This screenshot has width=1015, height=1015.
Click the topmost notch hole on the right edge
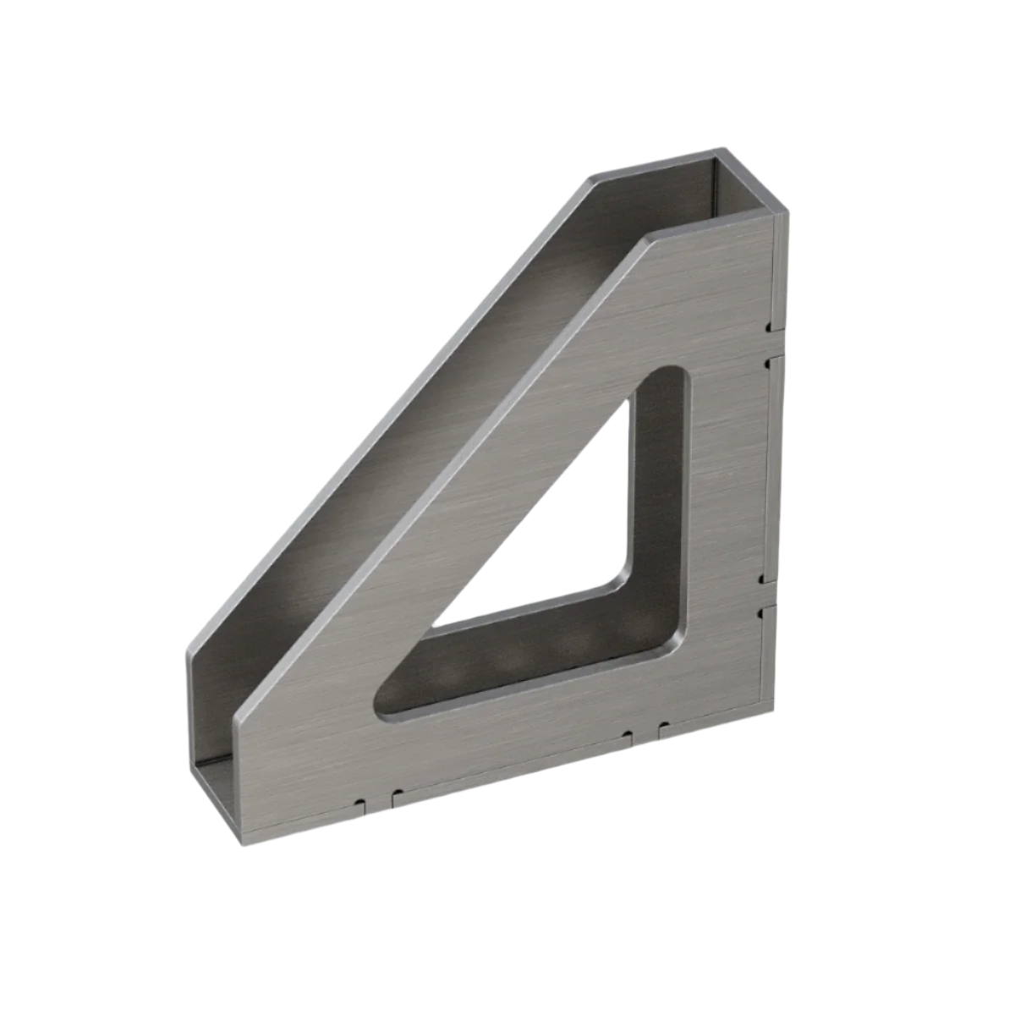(766, 326)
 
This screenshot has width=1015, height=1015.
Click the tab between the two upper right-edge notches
(767, 343)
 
